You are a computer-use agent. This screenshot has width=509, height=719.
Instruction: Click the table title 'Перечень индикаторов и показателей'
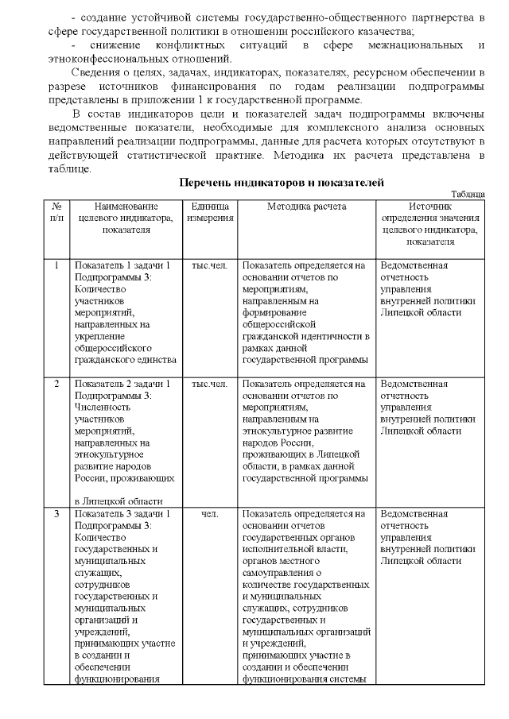point(282,183)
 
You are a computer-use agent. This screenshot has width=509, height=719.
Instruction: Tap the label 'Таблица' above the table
point(468,194)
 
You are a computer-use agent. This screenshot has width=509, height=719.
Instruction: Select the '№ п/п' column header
point(56,211)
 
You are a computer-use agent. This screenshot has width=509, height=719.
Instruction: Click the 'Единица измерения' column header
point(210,211)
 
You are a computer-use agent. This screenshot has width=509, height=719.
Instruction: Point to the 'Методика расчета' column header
point(306,205)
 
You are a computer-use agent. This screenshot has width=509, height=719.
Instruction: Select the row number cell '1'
point(56,265)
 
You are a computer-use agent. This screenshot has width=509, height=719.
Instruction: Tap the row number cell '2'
point(56,384)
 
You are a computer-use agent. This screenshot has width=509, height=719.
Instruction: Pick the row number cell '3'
point(56,514)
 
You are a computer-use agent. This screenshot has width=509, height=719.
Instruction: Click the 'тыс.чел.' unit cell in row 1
point(210,265)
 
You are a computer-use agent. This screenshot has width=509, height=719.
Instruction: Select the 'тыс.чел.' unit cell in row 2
point(210,384)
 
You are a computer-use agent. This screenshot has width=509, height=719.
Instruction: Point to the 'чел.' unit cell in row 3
point(210,514)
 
